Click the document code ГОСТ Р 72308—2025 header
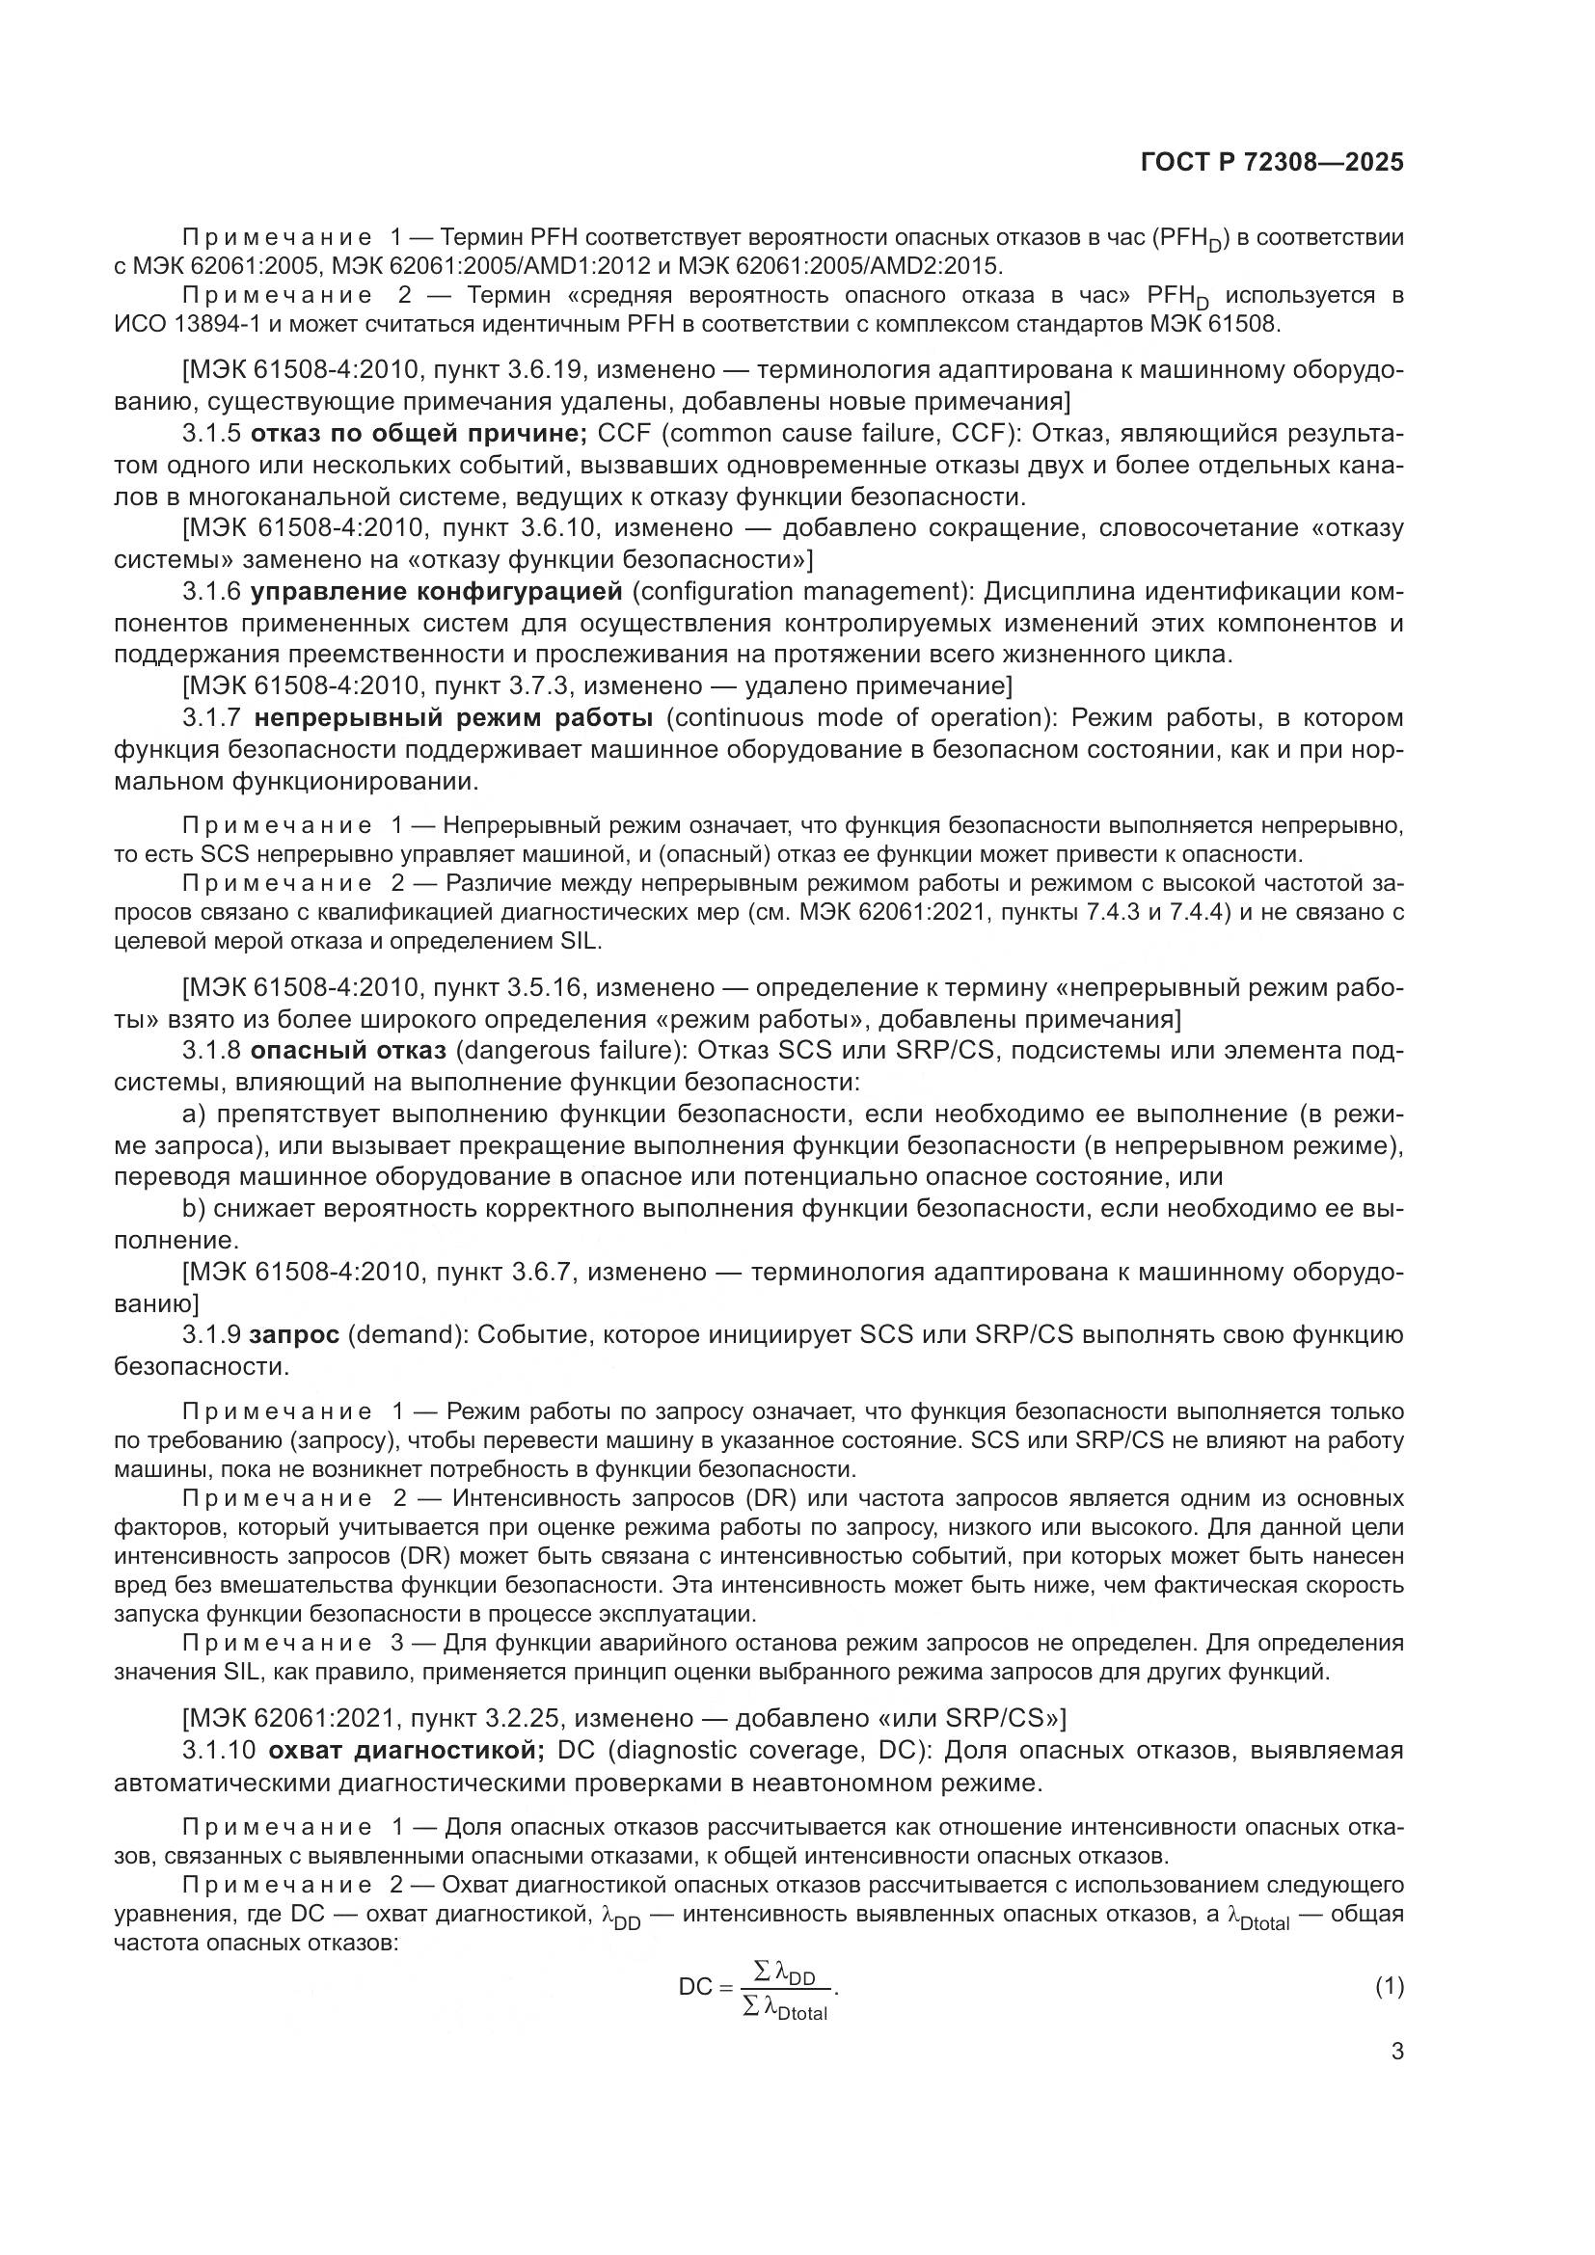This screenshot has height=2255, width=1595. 1272,163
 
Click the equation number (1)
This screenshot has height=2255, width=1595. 1390,1986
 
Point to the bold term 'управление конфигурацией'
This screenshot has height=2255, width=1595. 436,591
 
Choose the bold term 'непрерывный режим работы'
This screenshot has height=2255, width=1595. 453,718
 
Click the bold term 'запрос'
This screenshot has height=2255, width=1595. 295,1334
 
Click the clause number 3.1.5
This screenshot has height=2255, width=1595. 211,433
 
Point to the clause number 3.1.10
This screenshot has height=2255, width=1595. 219,1750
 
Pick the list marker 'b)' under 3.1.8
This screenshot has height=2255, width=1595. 194,1209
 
